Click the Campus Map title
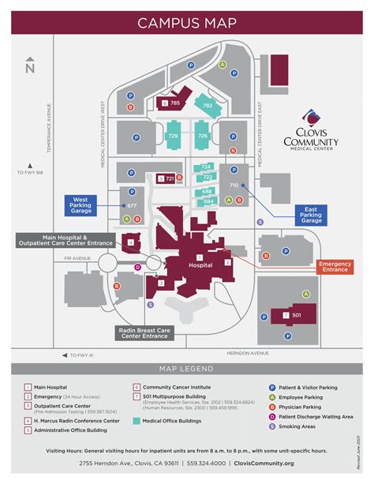coord(187,22)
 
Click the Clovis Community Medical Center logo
coord(312,131)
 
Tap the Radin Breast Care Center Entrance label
coord(144,332)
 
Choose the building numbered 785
coord(174,103)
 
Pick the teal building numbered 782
coord(207,105)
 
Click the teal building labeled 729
coord(174,136)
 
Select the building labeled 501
coord(295,316)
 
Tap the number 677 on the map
coord(131,205)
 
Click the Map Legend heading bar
coord(187,369)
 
